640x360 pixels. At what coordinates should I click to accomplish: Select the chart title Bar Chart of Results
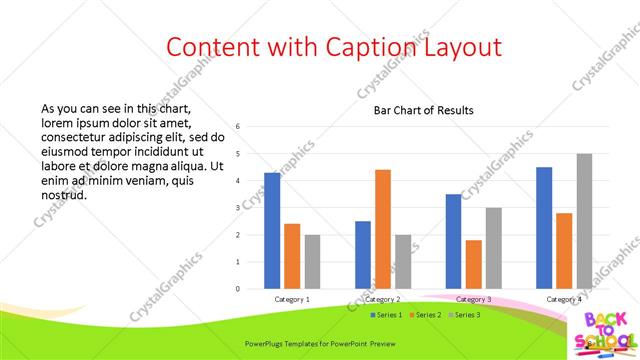(424, 110)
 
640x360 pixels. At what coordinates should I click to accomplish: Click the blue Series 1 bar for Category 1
(272, 230)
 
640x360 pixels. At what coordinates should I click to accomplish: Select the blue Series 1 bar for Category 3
(453, 241)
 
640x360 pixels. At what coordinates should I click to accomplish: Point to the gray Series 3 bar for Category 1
(312, 261)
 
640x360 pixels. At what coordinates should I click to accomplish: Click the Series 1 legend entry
(385, 315)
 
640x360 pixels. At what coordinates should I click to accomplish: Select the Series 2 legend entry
(424, 315)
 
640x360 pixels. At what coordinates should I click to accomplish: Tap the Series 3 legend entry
(463, 315)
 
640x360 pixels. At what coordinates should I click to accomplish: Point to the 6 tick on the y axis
(238, 127)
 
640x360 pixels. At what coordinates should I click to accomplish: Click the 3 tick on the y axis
(238, 208)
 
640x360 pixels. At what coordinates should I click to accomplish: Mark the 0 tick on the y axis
(238, 289)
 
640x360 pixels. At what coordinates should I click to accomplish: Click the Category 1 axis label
(292, 299)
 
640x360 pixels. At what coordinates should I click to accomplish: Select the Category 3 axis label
(473, 299)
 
